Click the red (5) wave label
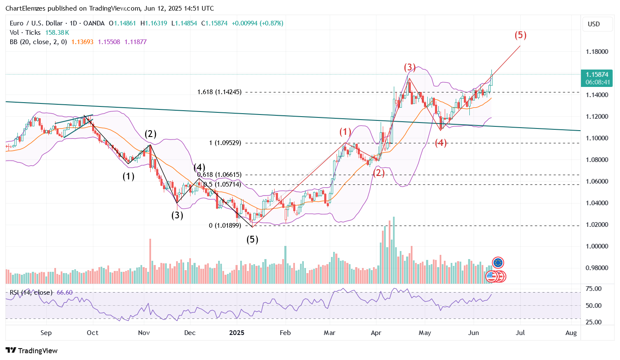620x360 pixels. (520, 35)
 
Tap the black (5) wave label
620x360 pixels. (252, 240)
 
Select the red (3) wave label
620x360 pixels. (410, 67)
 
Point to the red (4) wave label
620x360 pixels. (440, 143)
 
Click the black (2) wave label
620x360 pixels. (150, 134)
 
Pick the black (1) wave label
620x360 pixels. (128, 176)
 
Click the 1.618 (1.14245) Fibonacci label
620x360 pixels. (219, 92)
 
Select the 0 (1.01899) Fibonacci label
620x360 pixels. (225, 226)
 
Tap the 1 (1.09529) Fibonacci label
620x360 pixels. (225, 143)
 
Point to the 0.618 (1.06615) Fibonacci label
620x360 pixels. (219, 175)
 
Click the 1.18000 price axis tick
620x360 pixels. (597, 52)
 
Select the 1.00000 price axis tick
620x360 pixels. (597, 246)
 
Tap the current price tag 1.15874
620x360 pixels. (597, 75)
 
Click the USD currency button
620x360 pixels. (594, 24)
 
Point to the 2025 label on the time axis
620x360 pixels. (236, 333)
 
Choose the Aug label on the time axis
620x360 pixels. (571, 333)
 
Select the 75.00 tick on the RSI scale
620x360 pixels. (593, 289)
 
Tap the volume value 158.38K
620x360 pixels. (57, 33)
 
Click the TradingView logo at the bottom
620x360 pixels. (31, 351)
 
